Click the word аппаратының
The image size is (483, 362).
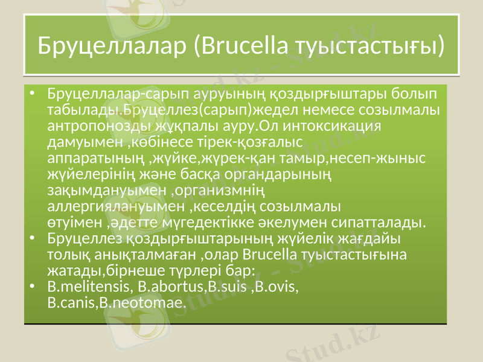click(95, 159)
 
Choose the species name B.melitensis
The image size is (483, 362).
click(89, 285)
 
